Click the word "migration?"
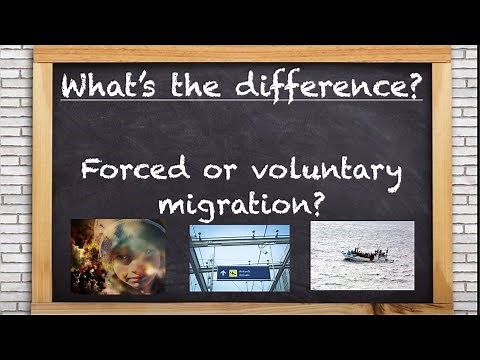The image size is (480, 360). (x=240, y=204)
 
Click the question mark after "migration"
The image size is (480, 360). (x=315, y=202)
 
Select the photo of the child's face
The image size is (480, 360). (x=118, y=257)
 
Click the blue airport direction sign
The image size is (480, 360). (x=243, y=271)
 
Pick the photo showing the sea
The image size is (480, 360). (x=362, y=257)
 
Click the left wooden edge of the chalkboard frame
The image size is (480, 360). (x=42, y=180)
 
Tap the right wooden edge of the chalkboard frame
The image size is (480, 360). (x=441, y=180)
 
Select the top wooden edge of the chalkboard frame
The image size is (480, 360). (x=240, y=54)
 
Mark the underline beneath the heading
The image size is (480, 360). (x=240, y=100)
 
